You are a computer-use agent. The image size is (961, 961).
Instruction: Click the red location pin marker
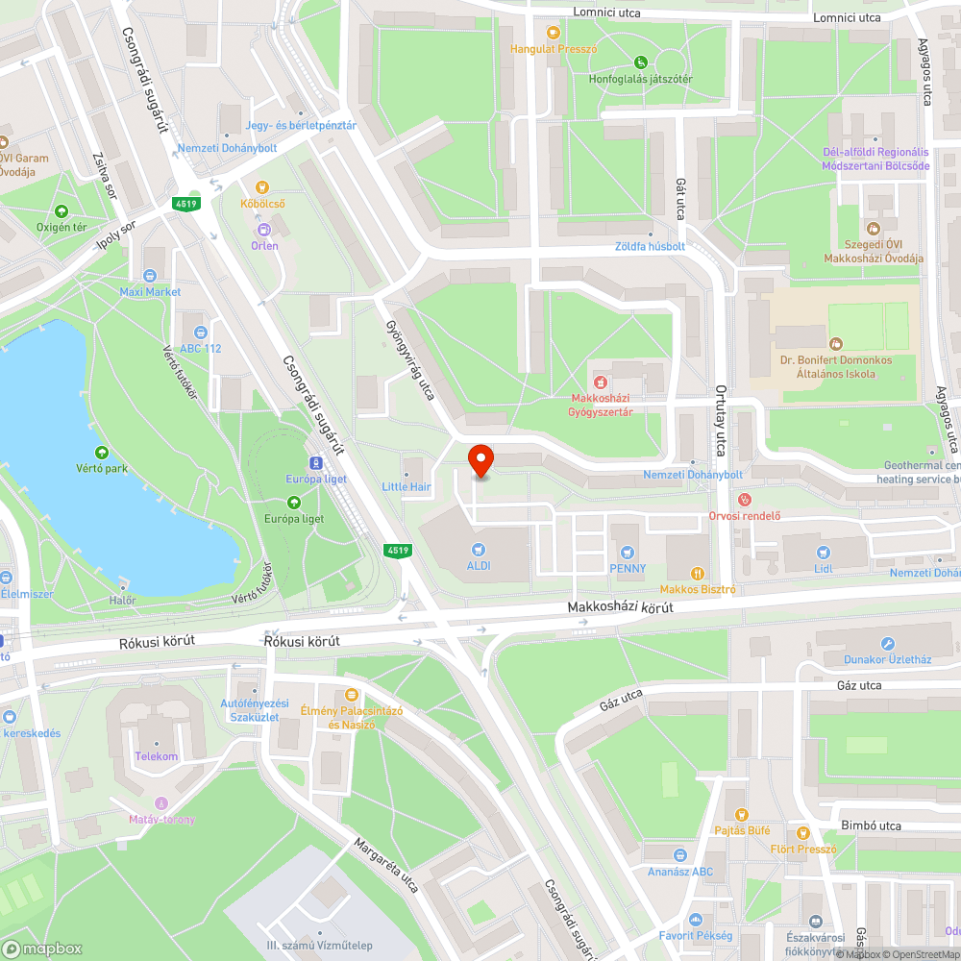pyautogui.click(x=480, y=460)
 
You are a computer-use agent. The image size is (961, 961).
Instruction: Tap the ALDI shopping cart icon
pyautogui.click(x=478, y=549)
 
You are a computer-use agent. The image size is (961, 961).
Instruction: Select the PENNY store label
pyautogui.click(x=627, y=567)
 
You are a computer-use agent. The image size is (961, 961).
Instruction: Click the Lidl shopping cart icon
pyautogui.click(x=823, y=552)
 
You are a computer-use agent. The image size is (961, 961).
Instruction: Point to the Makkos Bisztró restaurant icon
pyautogui.click(x=699, y=573)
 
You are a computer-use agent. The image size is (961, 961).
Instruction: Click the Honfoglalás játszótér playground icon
pyautogui.click(x=641, y=63)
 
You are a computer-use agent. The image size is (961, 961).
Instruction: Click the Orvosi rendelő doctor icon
pyautogui.click(x=743, y=500)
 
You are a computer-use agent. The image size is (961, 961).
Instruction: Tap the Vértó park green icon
pyautogui.click(x=102, y=452)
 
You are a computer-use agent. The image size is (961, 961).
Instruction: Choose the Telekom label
pyautogui.click(x=157, y=756)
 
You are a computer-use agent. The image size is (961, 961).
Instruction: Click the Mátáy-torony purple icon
pyautogui.click(x=161, y=802)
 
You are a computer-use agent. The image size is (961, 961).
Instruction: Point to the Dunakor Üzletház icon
pyautogui.click(x=888, y=644)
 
